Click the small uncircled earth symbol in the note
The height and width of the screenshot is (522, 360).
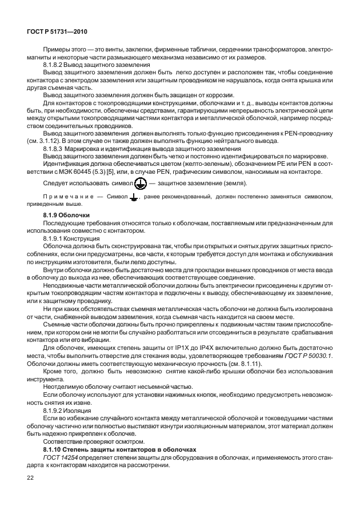click(134, 198)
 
